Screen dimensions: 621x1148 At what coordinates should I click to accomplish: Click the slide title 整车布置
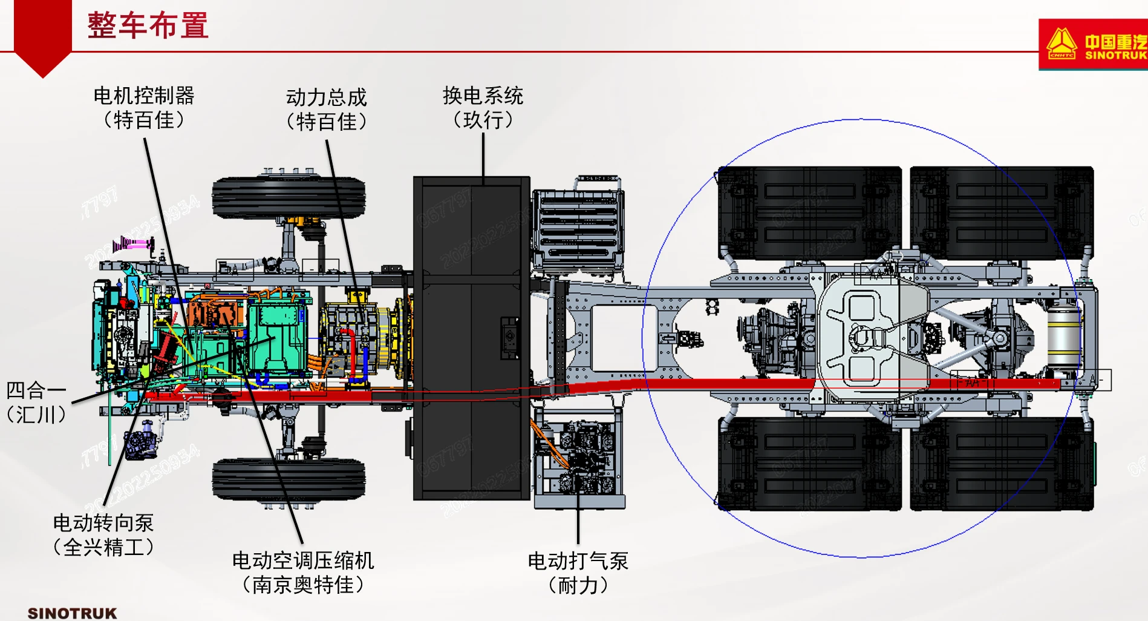(x=148, y=26)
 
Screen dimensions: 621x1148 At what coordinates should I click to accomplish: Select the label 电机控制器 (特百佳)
(x=144, y=108)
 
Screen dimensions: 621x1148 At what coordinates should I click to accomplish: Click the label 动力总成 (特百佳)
(x=327, y=110)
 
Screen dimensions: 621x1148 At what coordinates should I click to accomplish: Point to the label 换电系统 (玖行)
(x=483, y=108)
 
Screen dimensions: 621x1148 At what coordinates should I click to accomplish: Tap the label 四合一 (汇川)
(x=36, y=402)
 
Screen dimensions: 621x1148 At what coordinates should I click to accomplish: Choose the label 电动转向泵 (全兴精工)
(x=103, y=535)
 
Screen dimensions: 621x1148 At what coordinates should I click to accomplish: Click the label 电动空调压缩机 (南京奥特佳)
(x=303, y=573)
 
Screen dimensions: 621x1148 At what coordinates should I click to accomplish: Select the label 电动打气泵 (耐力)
(x=578, y=573)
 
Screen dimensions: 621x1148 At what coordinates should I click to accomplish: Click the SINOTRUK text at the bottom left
(x=72, y=613)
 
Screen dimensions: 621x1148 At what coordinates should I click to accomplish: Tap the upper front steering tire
(x=289, y=197)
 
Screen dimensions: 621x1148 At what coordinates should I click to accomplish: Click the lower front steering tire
(x=289, y=479)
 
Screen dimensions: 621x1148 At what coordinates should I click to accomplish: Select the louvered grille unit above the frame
(x=578, y=228)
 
